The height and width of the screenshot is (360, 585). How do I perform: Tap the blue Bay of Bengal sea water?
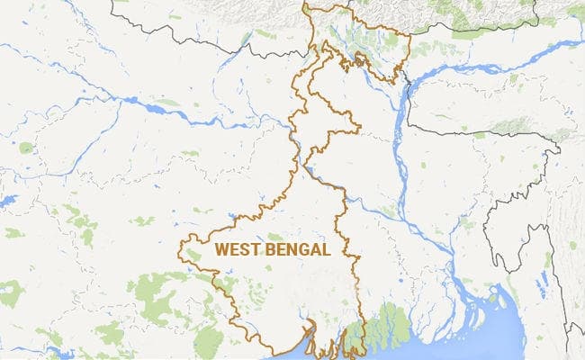(432, 346)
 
